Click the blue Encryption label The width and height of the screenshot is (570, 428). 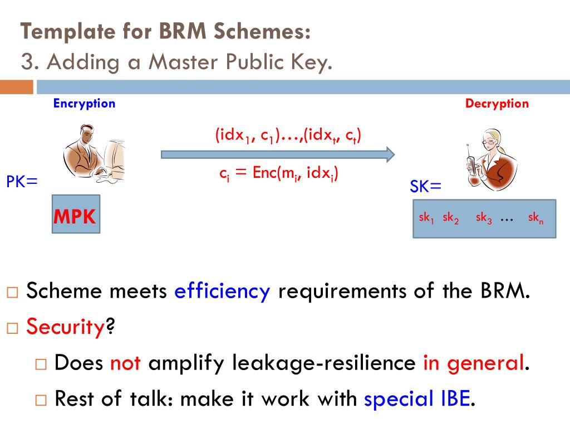(x=84, y=103)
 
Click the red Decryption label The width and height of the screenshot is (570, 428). (x=497, y=103)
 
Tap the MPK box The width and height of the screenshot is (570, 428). (x=75, y=214)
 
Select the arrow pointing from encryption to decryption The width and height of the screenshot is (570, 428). (x=278, y=154)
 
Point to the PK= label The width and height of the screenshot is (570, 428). (x=22, y=181)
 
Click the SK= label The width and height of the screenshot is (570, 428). (x=426, y=187)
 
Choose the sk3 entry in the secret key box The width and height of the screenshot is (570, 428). (x=484, y=218)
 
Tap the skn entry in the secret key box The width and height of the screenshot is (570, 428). (x=535, y=218)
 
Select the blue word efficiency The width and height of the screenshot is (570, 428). (x=222, y=291)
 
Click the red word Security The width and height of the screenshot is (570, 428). (x=66, y=327)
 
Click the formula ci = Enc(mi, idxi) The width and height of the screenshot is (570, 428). (x=279, y=173)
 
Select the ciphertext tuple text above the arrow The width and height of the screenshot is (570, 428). (x=288, y=135)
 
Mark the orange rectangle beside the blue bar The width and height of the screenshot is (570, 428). (x=16, y=87)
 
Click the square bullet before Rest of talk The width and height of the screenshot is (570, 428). (x=42, y=400)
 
